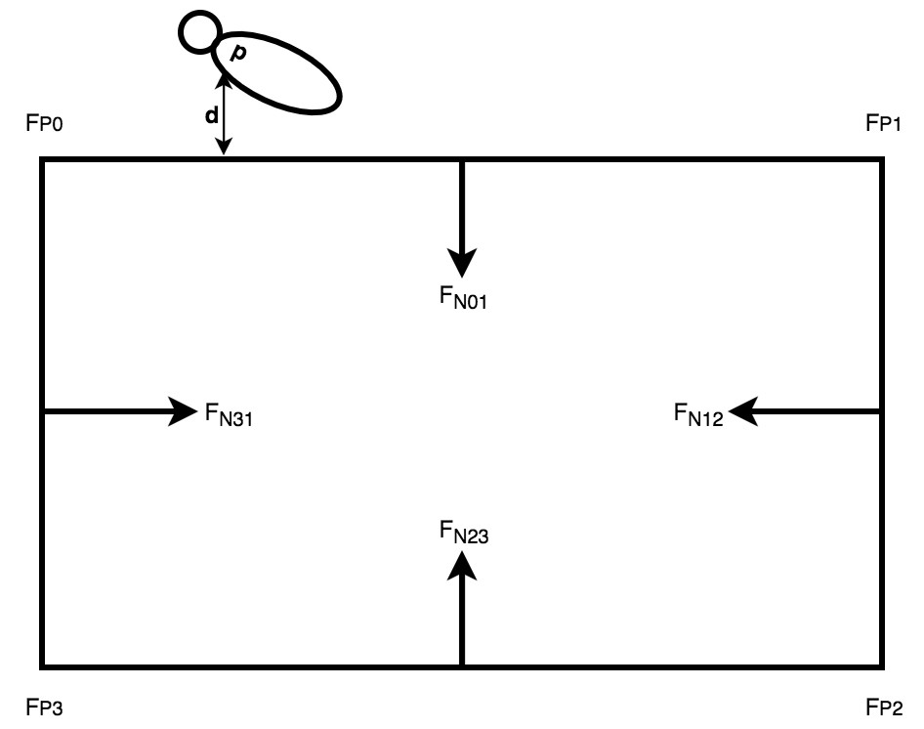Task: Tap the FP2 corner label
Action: pos(885,707)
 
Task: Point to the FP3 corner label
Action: pos(47,707)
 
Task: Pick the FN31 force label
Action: pos(230,416)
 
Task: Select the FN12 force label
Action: pos(698,416)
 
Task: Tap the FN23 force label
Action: pos(463,534)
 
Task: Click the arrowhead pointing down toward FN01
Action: pos(462,262)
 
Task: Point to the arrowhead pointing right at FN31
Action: pos(183,412)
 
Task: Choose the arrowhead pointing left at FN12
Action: pos(743,412)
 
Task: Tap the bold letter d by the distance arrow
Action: pos(211,115)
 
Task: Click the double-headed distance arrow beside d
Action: pos(225,117)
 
